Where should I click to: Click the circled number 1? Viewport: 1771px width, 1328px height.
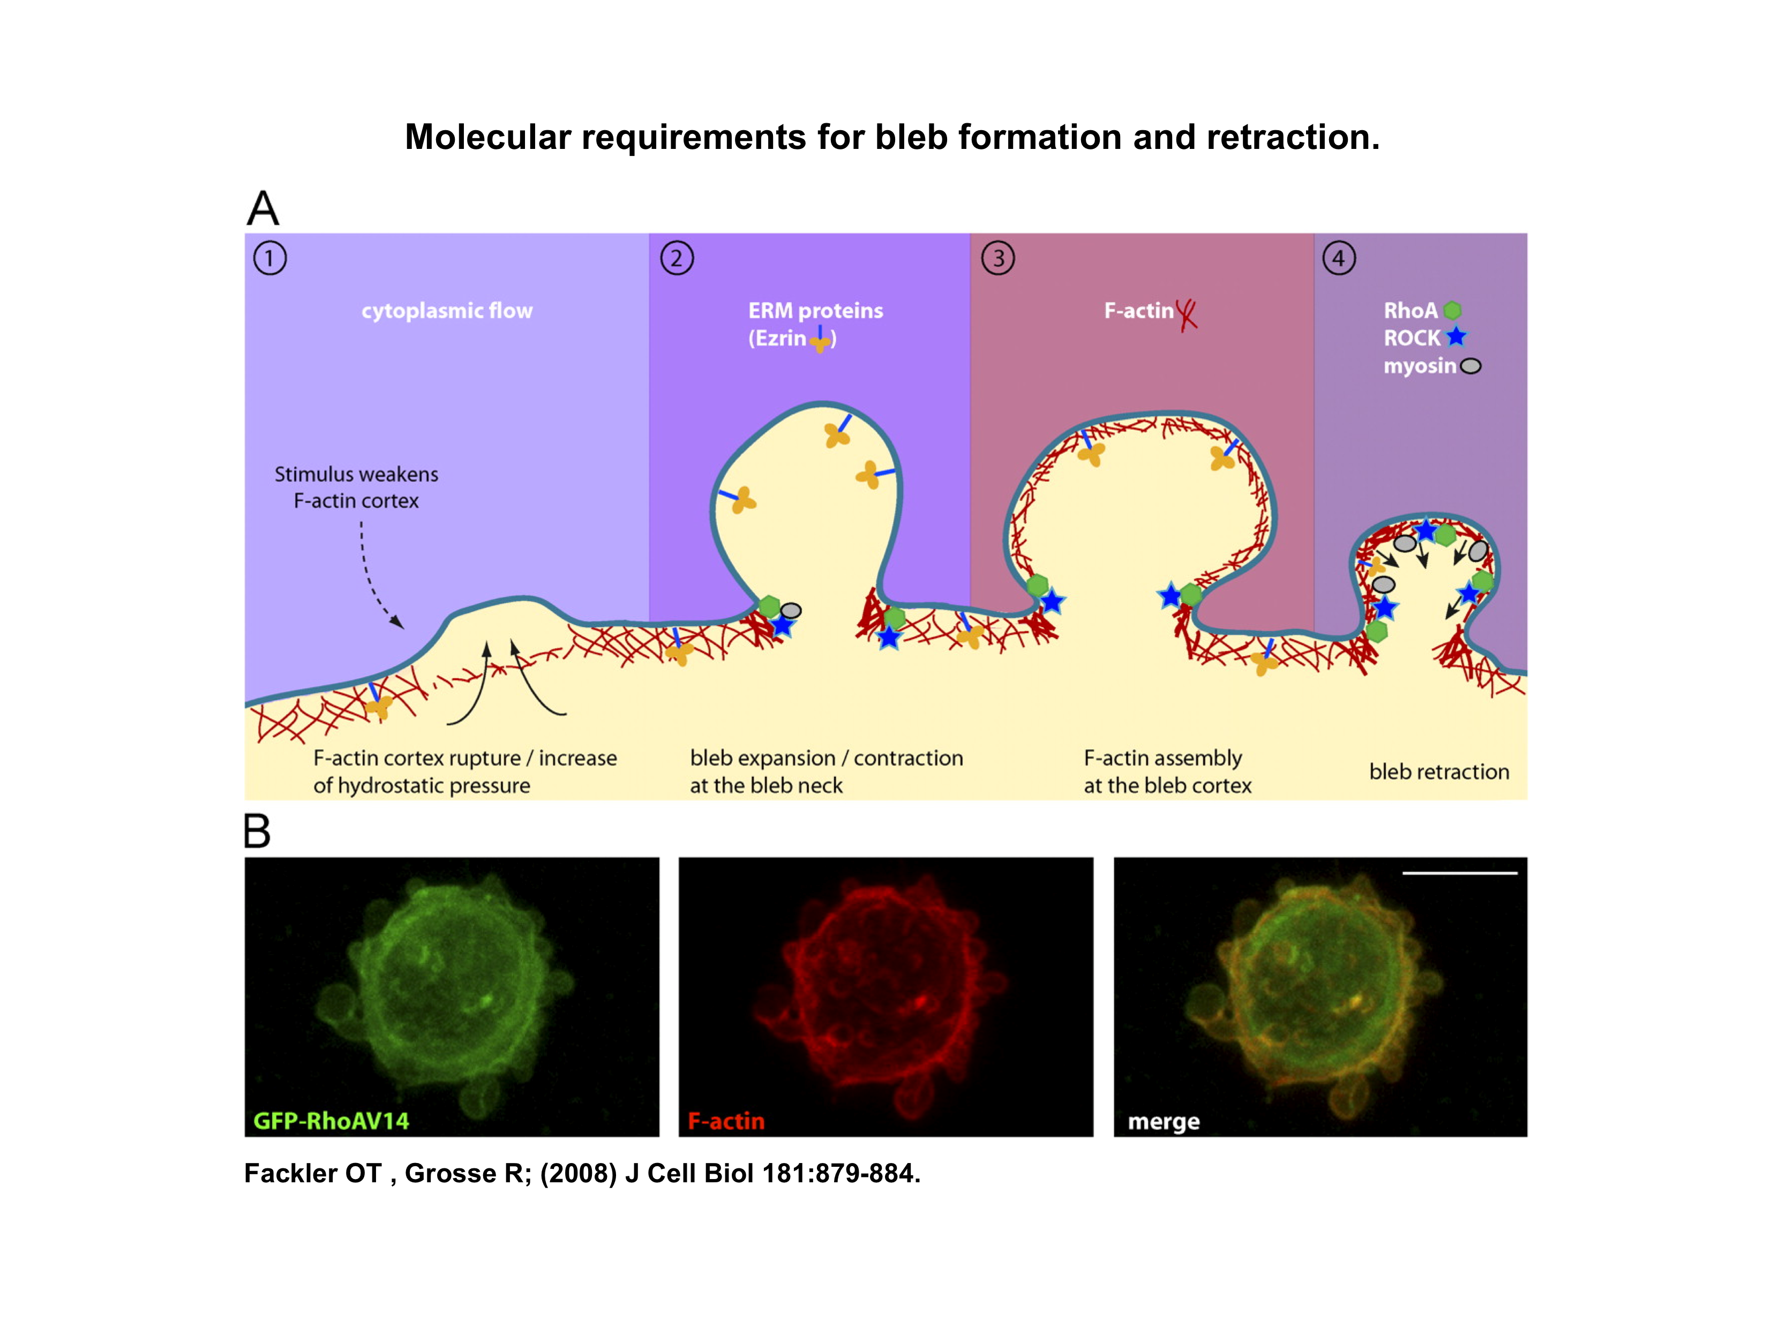270,259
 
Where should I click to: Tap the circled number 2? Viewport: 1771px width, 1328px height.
677,259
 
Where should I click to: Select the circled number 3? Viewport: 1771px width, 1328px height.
997,259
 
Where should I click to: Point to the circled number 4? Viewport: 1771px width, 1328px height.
1339,259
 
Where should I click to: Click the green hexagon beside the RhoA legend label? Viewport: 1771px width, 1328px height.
1452,311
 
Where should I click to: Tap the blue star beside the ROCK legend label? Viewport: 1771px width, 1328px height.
1457,337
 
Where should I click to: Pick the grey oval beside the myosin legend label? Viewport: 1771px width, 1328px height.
1471,366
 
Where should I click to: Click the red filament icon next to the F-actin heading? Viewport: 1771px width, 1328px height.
1187,313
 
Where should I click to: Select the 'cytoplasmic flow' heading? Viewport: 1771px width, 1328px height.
447,311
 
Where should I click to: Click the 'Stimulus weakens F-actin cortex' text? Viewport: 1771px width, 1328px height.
356,487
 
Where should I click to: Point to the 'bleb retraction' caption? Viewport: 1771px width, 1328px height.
1439,771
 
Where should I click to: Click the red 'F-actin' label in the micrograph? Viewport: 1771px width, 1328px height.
726,1121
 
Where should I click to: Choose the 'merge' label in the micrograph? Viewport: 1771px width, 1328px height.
1164,1121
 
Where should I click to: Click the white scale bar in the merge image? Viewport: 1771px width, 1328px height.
1460,873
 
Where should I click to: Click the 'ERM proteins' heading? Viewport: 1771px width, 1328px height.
815,311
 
